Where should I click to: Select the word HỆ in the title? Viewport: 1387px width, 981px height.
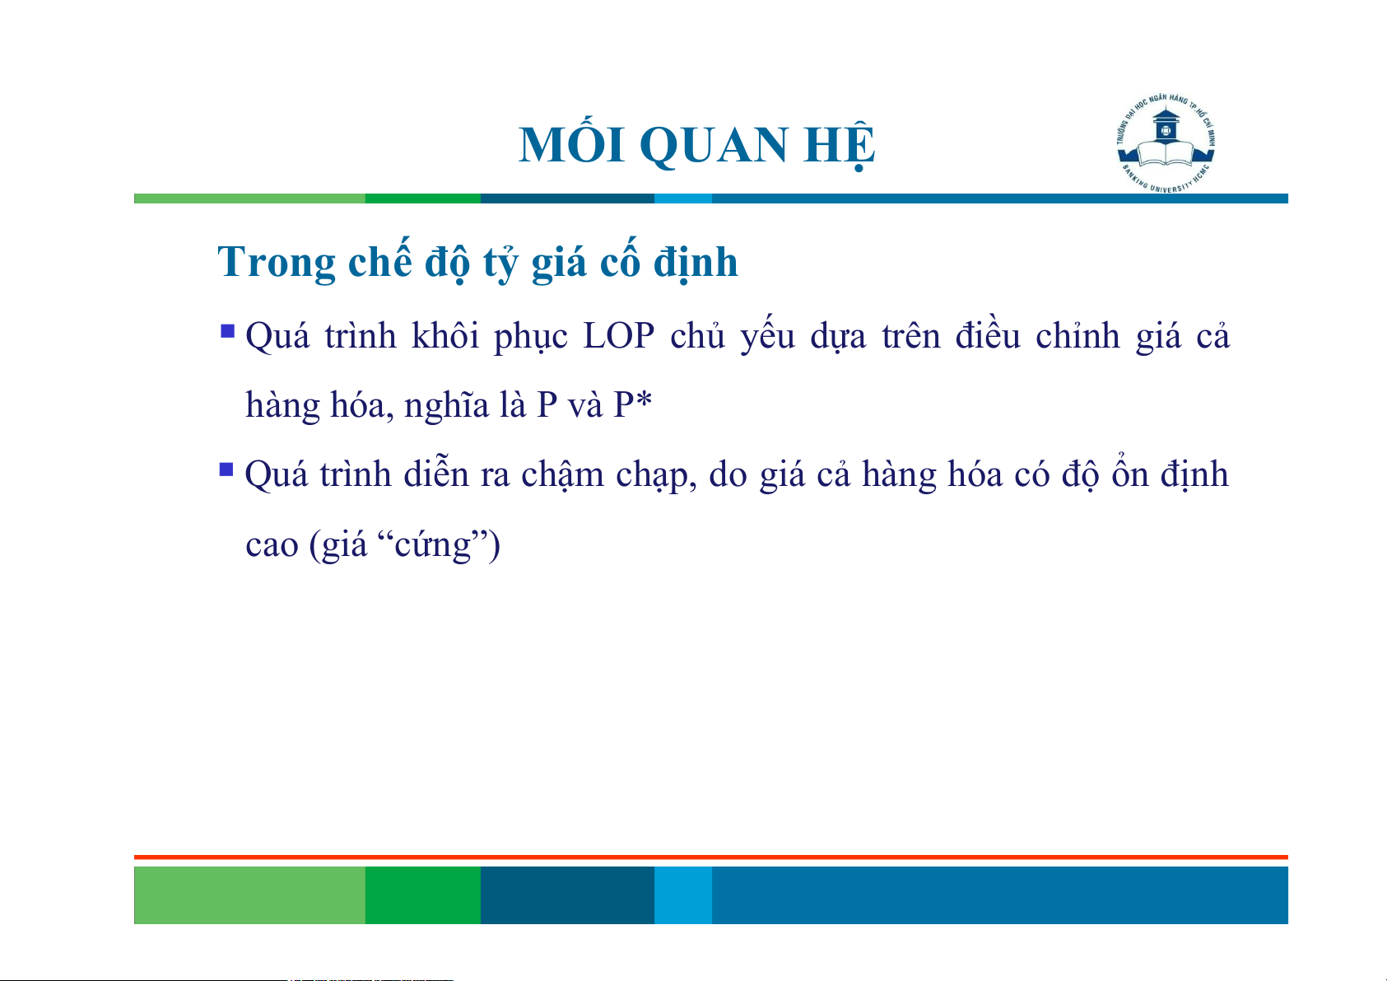pyautogui.click(x=839, y=144)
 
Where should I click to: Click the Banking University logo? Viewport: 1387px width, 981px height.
pyautogui.click(x=1166, y=143)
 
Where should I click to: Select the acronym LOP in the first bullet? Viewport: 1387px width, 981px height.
pyautogui.click(x=618, y=337)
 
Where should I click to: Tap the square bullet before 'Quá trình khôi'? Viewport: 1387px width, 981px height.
pyautogui.click(x=227, y=331)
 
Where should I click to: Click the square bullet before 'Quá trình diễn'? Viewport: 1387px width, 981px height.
pyautogui.click(x=226, y=469)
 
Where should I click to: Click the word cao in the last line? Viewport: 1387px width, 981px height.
pyautogui.click(x=272, y=546)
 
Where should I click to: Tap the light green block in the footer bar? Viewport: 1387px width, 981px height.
pyautogui.click(x=249, y=895)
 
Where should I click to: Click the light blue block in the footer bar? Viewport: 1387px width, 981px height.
pyautogui.click(x=683, y=895)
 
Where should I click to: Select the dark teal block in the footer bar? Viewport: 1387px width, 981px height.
pyautogui.click(x=567, y=895)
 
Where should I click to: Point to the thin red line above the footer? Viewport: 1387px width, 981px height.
pyautogui.click(x=711, y=857)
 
